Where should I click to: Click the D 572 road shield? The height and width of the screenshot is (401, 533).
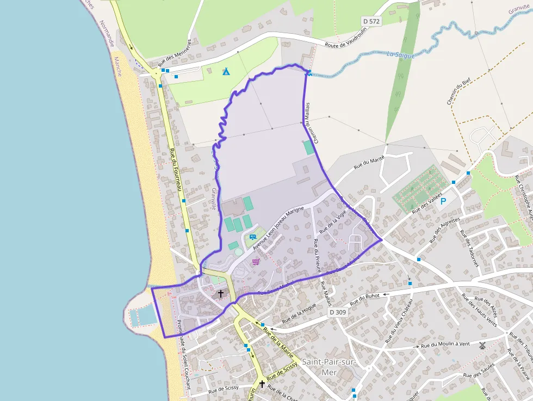[371, 21]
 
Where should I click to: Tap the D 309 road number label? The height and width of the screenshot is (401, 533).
[338, 312]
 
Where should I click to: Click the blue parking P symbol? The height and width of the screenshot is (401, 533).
[443, 201]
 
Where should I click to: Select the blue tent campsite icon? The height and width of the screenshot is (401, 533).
[226, 71]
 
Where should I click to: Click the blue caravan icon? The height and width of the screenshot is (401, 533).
[253, 237]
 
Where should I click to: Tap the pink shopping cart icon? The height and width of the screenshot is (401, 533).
[256, 262]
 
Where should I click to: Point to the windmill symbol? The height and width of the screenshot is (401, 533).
[482, 345]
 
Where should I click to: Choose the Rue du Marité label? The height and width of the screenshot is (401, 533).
[369, 162]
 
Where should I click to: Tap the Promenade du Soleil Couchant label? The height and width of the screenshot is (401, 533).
[183, 353]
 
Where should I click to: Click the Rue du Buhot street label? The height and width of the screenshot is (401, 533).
[364, 298]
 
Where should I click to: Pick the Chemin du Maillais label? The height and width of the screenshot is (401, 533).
[311, 122]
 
